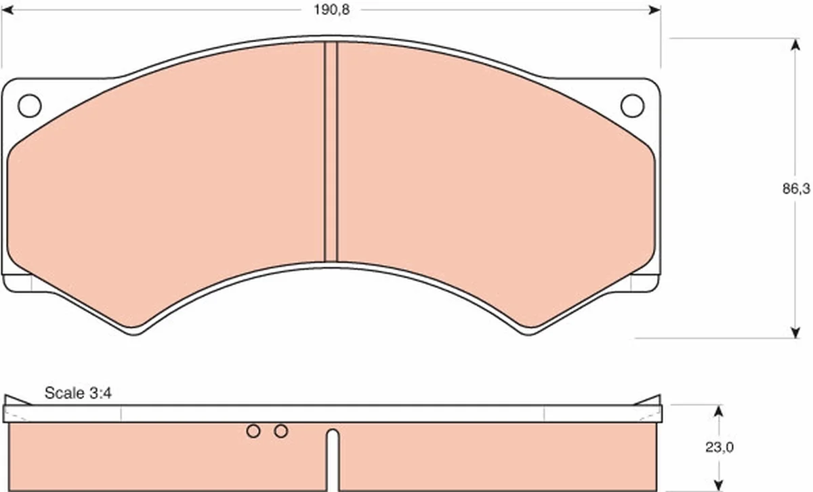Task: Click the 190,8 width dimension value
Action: tap(331, 9)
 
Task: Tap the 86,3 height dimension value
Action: tap(796, 189)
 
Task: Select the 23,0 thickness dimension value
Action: tap(720, 447)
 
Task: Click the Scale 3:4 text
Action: tap(78, 393)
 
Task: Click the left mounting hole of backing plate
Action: tap(29, 106)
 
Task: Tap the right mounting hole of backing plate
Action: tap(632, 106)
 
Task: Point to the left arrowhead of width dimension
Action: tap(7, 9)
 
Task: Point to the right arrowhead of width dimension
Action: tap(654, 9)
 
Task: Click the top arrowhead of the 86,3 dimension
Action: tap(795, 44)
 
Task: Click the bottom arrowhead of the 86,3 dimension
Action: tap(795, 332)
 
